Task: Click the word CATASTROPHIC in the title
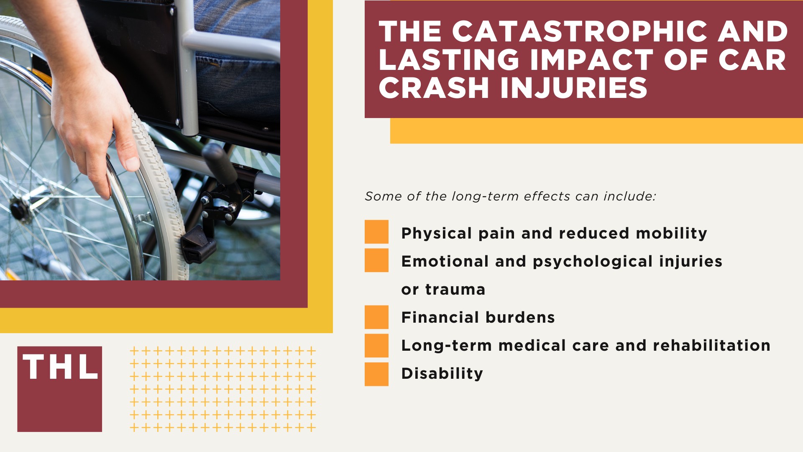[580, 32]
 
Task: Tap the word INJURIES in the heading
[574, 88]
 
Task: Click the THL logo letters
[60, 367]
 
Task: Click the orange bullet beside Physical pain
[376, 232]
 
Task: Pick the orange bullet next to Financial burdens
[376, 317]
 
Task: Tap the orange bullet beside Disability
[376, 374]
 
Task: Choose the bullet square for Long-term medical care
[376, 345]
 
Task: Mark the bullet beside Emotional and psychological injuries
[376, 260]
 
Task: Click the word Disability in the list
[442, 374]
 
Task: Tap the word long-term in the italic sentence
[485, 196]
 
